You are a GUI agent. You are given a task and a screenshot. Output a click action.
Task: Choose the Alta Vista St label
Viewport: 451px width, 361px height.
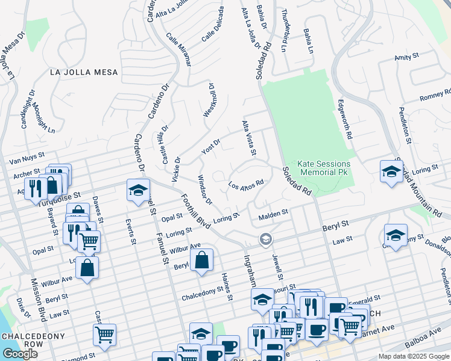point(249,138)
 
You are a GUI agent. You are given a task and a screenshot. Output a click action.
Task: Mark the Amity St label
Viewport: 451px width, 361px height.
point(406,57)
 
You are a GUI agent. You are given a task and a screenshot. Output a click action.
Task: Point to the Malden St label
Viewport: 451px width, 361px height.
point(274,214)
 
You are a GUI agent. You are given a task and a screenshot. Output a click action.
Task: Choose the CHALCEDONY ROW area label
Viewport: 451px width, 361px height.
point(22,341)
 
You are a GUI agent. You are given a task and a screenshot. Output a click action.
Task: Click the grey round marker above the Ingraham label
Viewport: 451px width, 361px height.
point(265,240)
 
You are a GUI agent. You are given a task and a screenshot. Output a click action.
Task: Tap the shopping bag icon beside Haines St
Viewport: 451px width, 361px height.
point(203,261)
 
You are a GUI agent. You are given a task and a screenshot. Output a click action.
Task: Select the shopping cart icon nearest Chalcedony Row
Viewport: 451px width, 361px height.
point(105,334)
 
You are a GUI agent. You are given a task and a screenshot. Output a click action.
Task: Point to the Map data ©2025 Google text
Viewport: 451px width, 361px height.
point(414,356)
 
